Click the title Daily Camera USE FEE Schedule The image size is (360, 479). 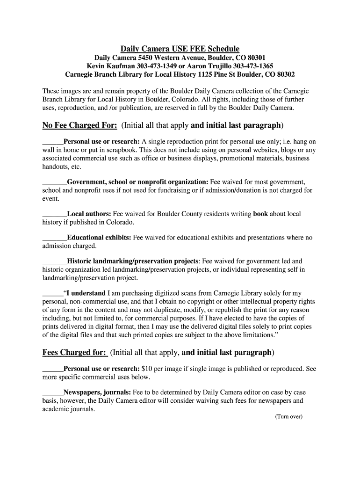point(180,49)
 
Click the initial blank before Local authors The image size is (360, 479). point(54,215)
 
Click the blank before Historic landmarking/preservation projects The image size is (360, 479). point(54,262)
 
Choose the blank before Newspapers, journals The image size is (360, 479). point(52,393)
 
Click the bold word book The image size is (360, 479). point(260,214)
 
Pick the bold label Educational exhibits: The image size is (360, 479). point(99,238)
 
